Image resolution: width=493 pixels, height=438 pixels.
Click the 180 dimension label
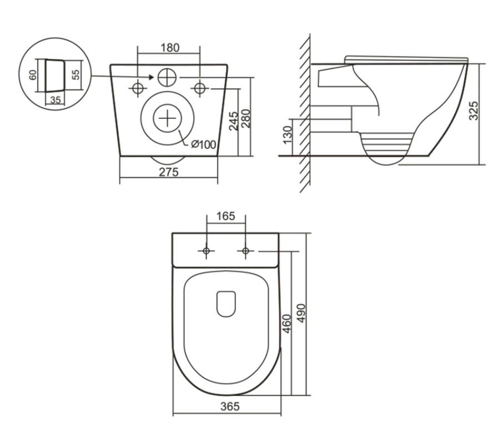click(x=169, y=48)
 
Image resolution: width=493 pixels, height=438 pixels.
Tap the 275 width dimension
click(x=169, y=172)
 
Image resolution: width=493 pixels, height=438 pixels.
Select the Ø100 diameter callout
click(x=203, y=144)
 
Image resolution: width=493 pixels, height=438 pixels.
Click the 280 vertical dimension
click(x=245, y=118)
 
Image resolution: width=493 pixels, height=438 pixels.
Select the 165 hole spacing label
click(x=225, y=216)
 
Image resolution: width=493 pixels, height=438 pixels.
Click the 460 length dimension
click(x=287, y=324)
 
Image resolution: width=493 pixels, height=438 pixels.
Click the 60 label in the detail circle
click(x=33, y=74)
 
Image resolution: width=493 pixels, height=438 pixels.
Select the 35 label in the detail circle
click(x=56, y=100)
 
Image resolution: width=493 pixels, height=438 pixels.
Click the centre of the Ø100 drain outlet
click(x=167, y=118)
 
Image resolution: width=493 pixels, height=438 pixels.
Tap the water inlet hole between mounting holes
click(x=167, y=78)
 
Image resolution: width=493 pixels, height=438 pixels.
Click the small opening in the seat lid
click(x=226, y=304)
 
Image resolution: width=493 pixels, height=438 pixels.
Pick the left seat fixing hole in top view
click(x=207, y=251)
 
